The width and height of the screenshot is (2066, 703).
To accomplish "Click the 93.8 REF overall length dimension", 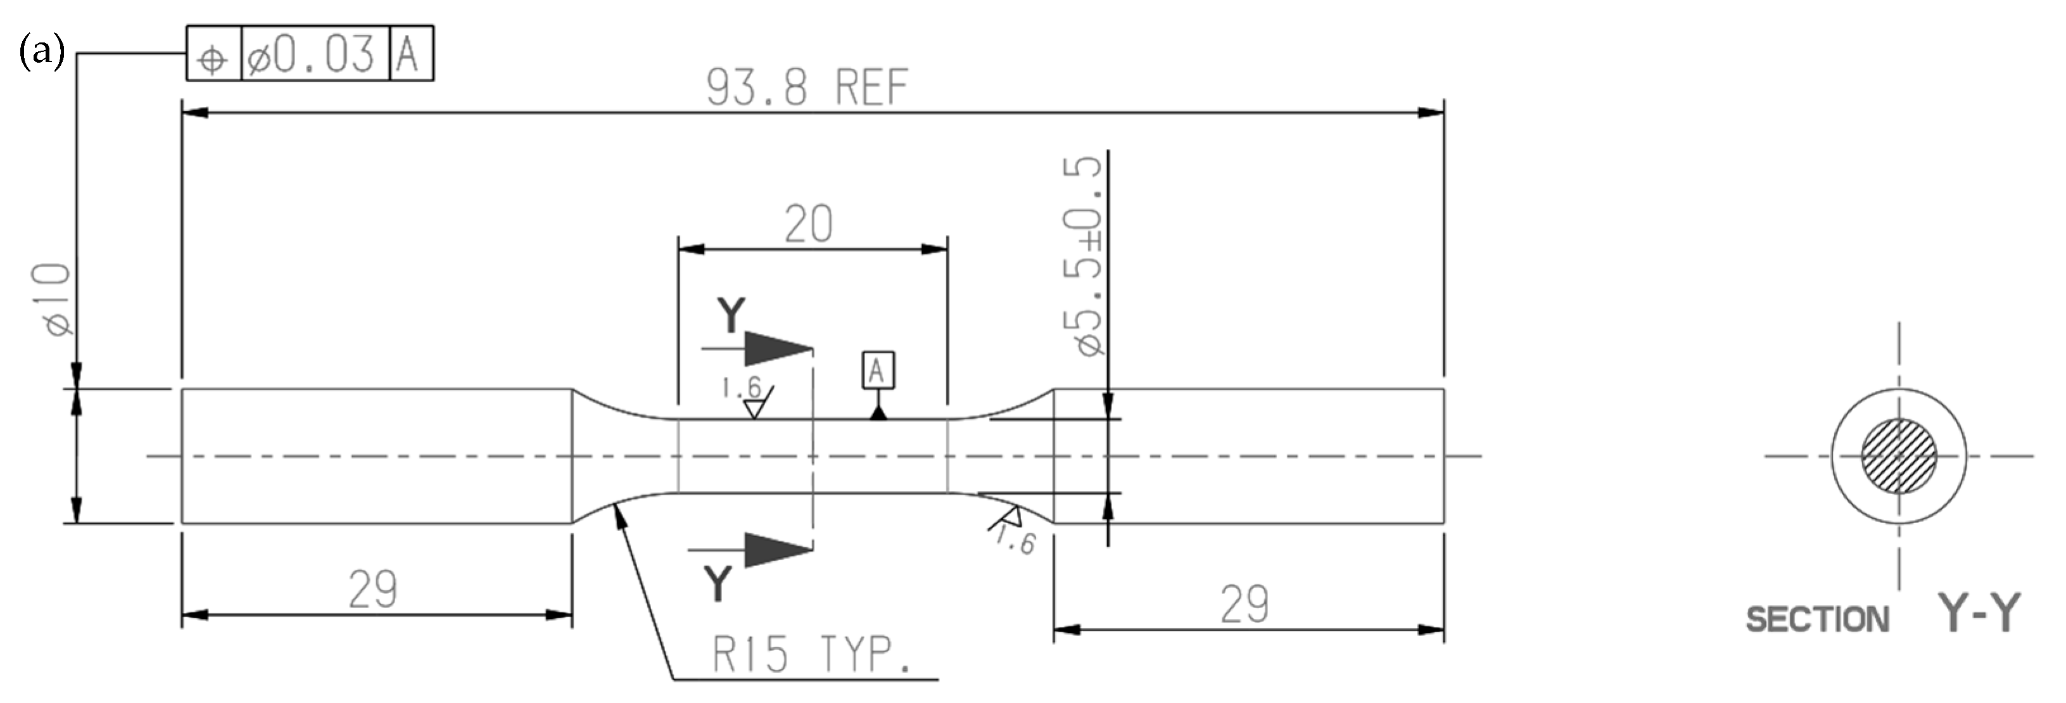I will (x=807, y=87).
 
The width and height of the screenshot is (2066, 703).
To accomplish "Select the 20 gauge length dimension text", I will (x=808, y=224).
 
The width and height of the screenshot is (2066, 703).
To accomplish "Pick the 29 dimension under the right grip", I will (x=1244, y=604).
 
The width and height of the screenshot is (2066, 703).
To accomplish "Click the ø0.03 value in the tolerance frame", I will (x=311, y=55).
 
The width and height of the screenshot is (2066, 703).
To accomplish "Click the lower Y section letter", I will (x=718, y=583).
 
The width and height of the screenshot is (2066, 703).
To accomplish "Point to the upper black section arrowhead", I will (x=776, y=349).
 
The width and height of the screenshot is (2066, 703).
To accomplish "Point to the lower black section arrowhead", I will (x=776, y=550).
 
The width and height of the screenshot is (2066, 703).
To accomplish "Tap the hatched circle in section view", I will (x=1898, y=456).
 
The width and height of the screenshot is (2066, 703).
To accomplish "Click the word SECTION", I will (x=1817, y=619).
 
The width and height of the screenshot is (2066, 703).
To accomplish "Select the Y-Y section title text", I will (x=1979, y=612).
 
